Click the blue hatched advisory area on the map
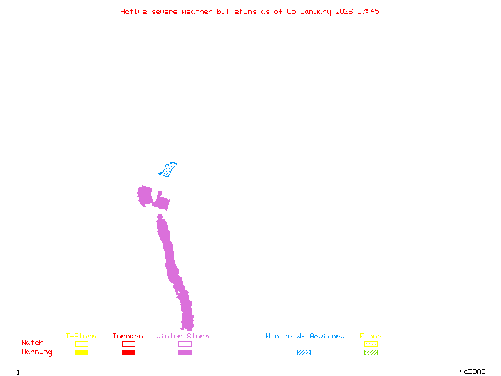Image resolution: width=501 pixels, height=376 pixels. pos(168,169)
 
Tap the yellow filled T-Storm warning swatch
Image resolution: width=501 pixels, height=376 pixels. pos(81,353)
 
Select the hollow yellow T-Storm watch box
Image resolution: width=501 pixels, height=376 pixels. pos(81,343)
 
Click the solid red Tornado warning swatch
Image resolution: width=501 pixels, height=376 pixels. pos(128,353)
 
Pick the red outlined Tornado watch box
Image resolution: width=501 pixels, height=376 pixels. pos(128,343)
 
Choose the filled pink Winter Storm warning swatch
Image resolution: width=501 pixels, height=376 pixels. pos(185,353)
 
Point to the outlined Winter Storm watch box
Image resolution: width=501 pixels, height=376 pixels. pos(185,343)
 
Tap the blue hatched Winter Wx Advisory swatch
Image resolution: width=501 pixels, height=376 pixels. pos(304,353)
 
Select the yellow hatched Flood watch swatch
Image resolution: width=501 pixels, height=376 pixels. pos(371,343)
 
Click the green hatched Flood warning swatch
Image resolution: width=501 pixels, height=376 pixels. pos(371,353)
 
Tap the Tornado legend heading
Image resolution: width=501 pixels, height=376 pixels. pos(128,337)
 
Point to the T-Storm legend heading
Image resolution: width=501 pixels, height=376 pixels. pos(81,337)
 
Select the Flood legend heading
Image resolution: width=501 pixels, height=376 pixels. pos(371,337)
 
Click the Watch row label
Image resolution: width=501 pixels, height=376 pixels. pos(33,343)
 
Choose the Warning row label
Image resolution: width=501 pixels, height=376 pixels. pos(37,352)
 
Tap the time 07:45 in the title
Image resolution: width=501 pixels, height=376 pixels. pos(368,11)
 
